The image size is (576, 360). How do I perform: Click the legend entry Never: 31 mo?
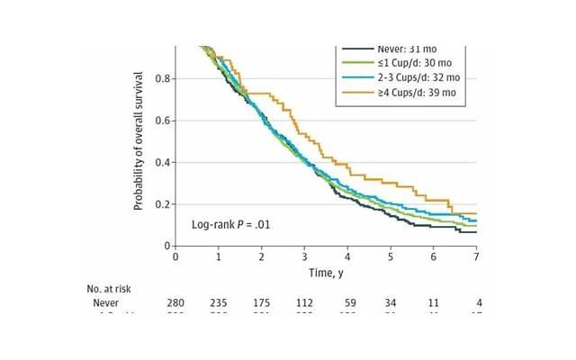398,48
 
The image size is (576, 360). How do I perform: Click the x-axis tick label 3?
304,256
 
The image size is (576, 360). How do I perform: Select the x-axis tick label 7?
476,256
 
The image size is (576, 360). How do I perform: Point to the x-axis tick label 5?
391,256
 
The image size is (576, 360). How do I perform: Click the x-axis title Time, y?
326,272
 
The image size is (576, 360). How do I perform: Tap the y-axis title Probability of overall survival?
139,144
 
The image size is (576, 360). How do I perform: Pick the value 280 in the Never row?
175,304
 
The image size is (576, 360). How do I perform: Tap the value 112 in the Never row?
304,304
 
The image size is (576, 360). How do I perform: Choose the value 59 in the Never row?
347,304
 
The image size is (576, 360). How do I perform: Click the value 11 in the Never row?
434,304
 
